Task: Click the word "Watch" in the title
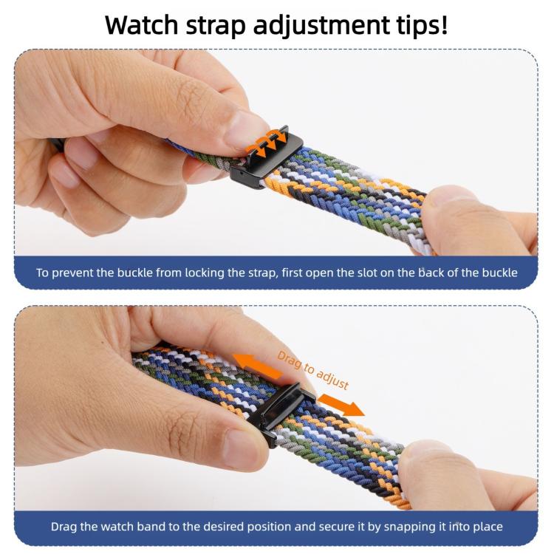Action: point(141,24)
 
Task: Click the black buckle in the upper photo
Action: point(266,158)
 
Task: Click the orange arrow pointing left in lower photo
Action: point(257,366)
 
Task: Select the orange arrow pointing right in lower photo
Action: point(341,406)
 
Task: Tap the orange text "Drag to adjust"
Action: point(313,369)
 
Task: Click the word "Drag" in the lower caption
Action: point(64,527)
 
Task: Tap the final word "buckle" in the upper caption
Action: point(499,273)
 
